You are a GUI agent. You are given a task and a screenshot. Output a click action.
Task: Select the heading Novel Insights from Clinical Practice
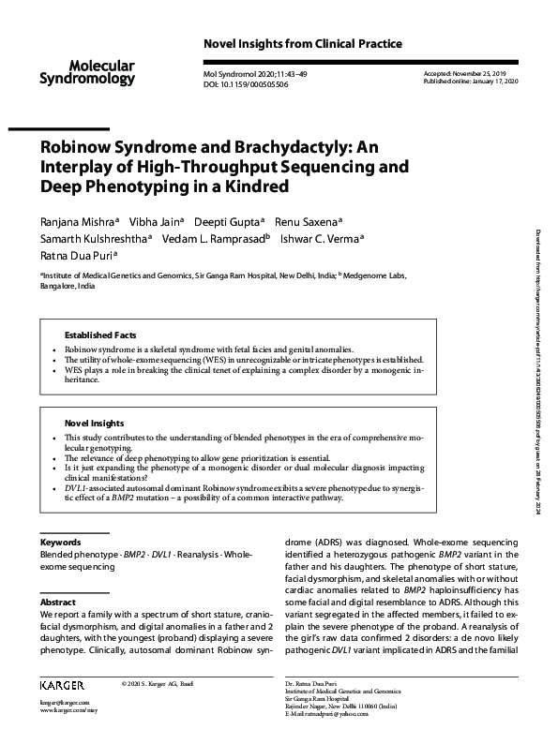click(302, 44)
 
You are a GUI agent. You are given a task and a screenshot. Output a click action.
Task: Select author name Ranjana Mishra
click(78, 221)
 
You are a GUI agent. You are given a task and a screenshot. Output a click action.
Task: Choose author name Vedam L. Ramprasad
click(224, 238)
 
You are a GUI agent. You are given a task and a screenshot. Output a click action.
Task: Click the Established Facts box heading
click(100, 335)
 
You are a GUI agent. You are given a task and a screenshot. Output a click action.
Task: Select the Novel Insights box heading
click(94, 424)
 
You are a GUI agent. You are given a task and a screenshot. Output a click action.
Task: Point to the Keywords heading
click(60, 543)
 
